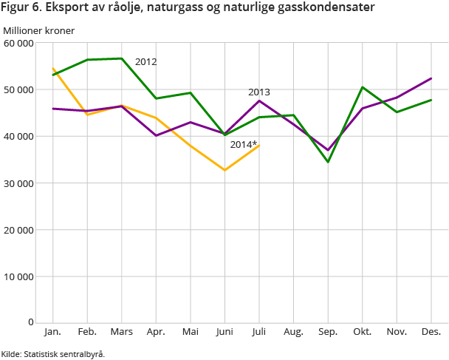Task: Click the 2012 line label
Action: [x=145, y=62]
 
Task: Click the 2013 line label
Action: [x=258, y=92]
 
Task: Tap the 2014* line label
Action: [x=244, y=144]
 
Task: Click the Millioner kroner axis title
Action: [x=38, y=30]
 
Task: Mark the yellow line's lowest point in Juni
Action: [x=224, y=170]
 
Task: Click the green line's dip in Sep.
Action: [x=328, y=162]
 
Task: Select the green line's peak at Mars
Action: [x=122, y=58]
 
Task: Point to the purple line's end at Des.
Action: [x=431, y=78]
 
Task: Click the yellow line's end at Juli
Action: [x=259, y=146]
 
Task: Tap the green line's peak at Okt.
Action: [x=363, y=87]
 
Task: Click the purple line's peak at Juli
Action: [x=259, y=101]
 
